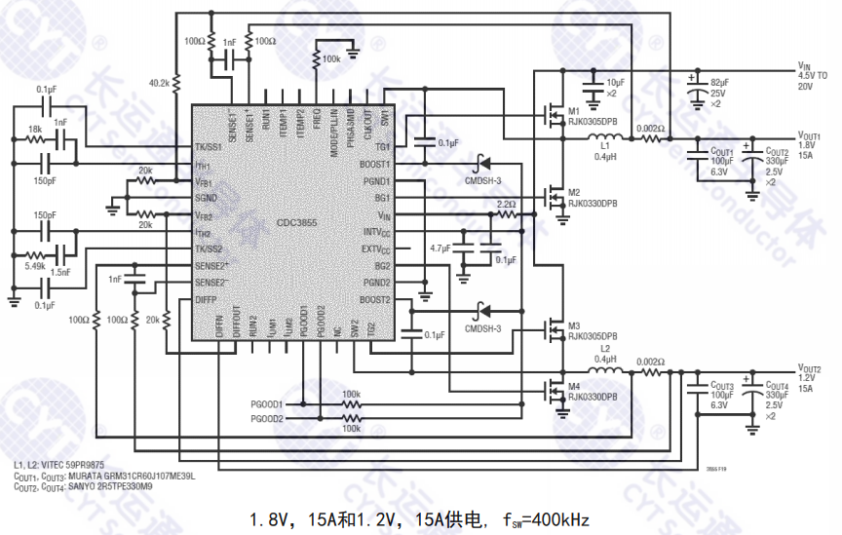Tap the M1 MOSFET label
pyautogui.click(x=573, y=110)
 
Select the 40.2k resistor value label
pyautogui.click(x=159, y=83)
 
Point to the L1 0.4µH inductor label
pyautogui.click(x=605, y=150)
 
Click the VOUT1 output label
pyautogui.click(x=810, y=136)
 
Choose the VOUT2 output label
pyautogui.click(x=810, y=369)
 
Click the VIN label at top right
pyautogui.click(x=804, y=64)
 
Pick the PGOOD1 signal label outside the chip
pyautogui.click(x=267, y=403)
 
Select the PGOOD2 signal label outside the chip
pyautogui.click(x=267, y=419)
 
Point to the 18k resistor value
pyautogui.click(x=35, y=129)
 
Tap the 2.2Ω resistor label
pyautogui.click(x=506, y=205)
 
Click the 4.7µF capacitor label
pyautogui.click(x=440, y=248)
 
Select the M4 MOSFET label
pyautogui.click(x=573, y=387)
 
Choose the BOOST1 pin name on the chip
pyautogui.click(x=374, y=164)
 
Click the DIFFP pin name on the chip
pyautogui.click(x=205, y=299)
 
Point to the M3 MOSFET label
pyautogui.click(x=573, y=325)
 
